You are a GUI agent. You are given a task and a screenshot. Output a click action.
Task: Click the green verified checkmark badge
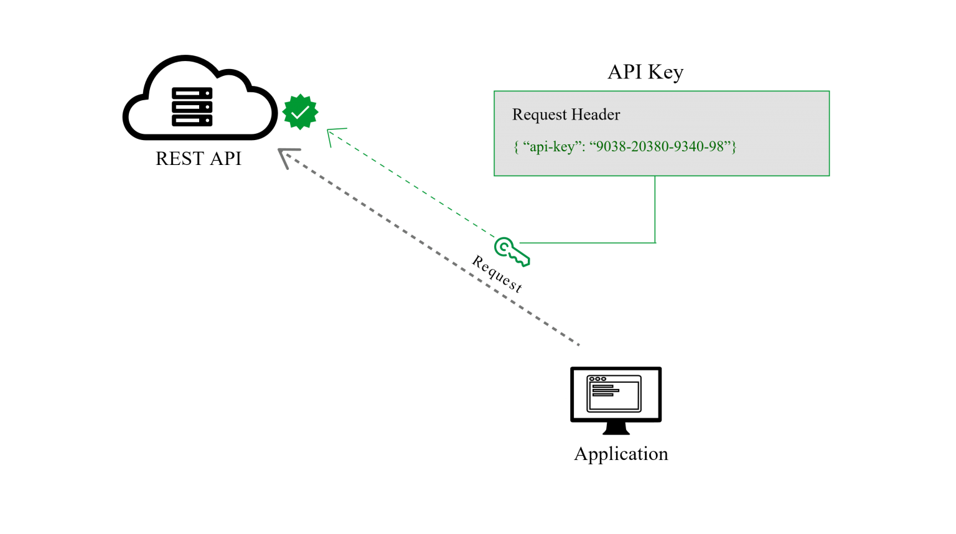300,112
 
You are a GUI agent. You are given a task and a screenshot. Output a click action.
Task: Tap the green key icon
511,252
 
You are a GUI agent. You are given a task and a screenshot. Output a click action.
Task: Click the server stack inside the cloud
192,106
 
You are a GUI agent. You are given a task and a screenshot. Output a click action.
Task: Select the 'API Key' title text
645,72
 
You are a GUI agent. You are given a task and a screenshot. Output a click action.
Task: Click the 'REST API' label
199,158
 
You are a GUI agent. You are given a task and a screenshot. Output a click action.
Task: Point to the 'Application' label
621,454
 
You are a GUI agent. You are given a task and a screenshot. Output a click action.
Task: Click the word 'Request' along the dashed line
497,274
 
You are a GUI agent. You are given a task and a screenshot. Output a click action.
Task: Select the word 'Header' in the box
596,115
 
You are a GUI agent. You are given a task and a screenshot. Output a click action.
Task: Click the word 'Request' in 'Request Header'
540,115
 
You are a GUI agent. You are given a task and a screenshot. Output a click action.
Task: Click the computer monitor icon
616,400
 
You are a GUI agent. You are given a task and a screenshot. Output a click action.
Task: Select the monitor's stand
616,428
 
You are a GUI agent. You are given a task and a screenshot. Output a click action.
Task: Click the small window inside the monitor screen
614,393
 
